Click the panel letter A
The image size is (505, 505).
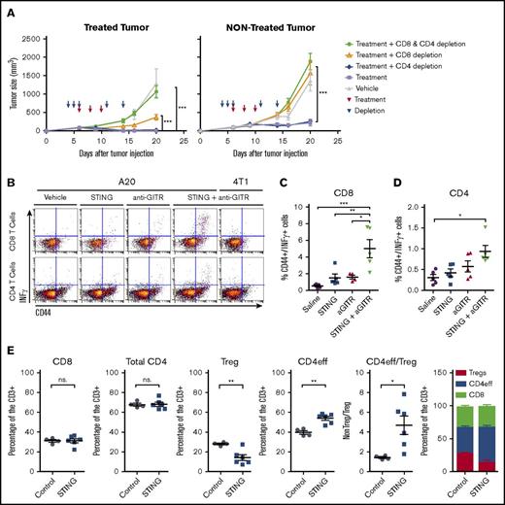coord(7,7)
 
